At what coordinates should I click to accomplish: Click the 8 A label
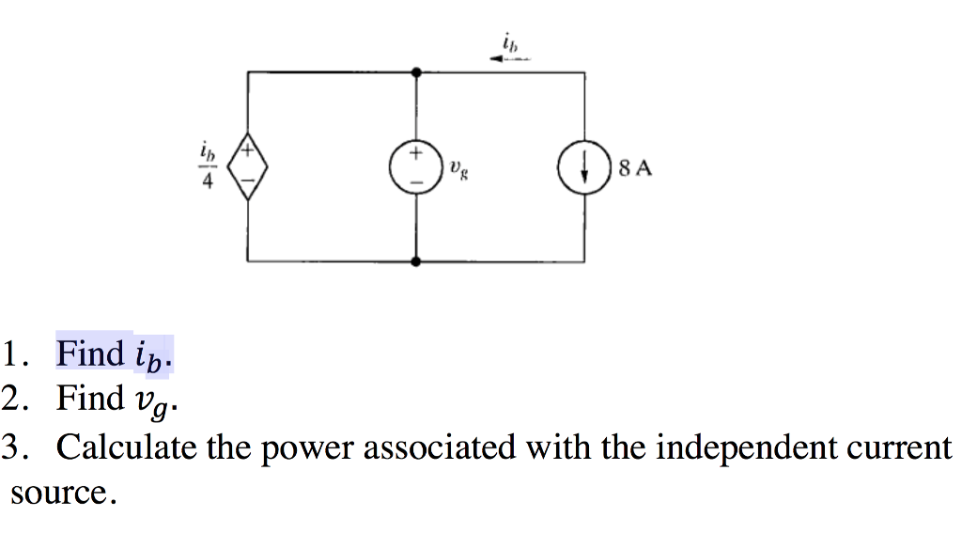click(x=635, y=169)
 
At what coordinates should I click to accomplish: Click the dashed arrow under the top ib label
click(x=510, y=58)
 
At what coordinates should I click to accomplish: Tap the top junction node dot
click(x=416, y=71)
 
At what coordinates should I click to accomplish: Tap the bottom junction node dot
click(x=416, y=260)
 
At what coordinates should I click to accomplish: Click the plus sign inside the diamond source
click(x=248, y=149)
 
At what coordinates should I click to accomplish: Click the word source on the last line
click(x=61, y=494)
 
